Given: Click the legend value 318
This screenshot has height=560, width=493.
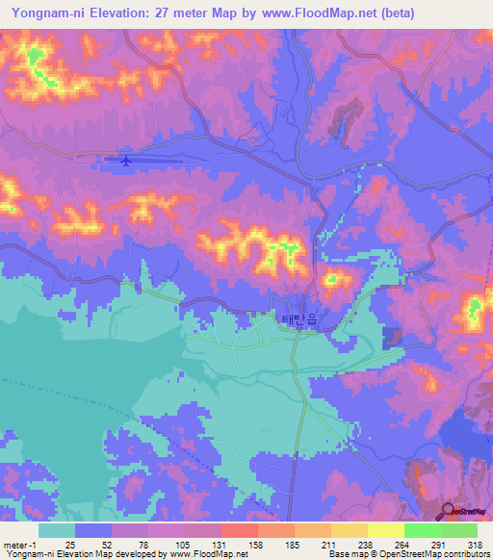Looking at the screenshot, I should pos(471,545).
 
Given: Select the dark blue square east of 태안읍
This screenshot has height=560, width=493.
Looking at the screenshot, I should pos(393,338).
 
